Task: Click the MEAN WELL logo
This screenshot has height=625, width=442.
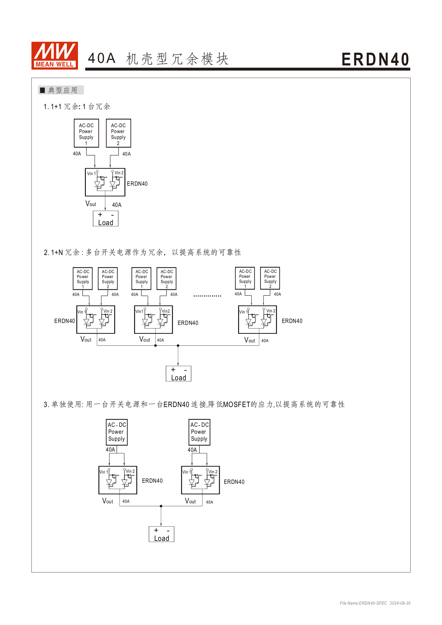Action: click(55, 55)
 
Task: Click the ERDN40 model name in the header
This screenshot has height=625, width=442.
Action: click(375, 59)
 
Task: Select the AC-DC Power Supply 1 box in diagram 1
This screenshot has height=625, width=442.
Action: click(86, 133)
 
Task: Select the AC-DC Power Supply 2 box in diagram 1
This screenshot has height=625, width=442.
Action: click(118, 133)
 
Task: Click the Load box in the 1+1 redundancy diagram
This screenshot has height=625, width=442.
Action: click(106, 219)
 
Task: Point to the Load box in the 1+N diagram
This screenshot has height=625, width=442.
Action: click(179, 374)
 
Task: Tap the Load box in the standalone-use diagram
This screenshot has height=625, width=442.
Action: click(162, 534)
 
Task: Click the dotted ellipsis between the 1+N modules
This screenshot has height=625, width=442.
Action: click(207, 296)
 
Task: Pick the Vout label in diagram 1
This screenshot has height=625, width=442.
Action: click(91, 204)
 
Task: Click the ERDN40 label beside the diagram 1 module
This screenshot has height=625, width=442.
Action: click(137, 184)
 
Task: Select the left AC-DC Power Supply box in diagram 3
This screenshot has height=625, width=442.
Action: click(117, 432)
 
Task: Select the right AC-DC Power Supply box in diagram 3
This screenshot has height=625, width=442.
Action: click(199, 432)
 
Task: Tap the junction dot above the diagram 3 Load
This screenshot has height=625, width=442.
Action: click(161, 506)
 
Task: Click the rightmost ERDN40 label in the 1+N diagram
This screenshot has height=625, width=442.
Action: click(292, 321)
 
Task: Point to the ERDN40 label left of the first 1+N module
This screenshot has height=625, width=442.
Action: click(64, 321)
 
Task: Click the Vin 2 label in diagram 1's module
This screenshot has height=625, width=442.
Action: click(119, 173)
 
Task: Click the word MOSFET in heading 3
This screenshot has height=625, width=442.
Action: click(236, 405)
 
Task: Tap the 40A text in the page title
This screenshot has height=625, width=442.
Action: click(102, 58)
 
